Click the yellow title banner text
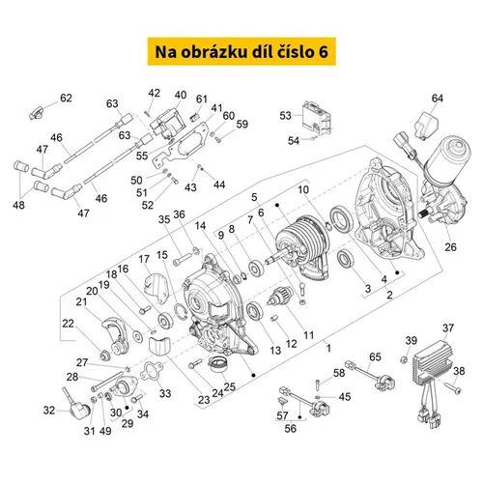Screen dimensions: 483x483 241,52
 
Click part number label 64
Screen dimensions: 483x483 437,99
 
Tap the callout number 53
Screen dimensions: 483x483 285,115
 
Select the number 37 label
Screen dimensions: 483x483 448,328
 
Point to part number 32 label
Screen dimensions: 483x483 49,411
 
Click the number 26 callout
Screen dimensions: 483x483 450,247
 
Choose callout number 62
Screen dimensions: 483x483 66,98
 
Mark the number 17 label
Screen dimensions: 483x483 144,259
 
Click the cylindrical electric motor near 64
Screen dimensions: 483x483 446,159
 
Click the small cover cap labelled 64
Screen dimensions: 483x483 427,126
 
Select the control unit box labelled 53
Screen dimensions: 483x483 317,117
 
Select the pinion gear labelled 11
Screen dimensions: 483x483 279,297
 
